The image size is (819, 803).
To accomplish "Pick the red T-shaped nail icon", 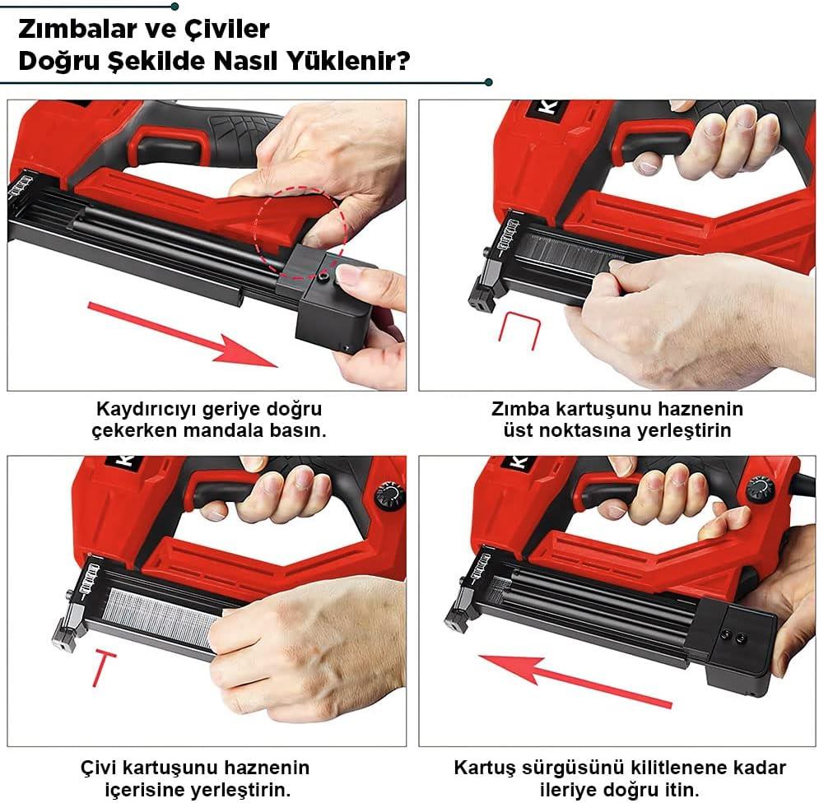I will pos(100,666).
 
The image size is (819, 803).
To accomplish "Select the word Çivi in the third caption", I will pos(100,768).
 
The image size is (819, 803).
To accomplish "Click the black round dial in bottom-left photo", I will pos(390,495).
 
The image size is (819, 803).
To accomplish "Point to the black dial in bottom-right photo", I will pos(760,491).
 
